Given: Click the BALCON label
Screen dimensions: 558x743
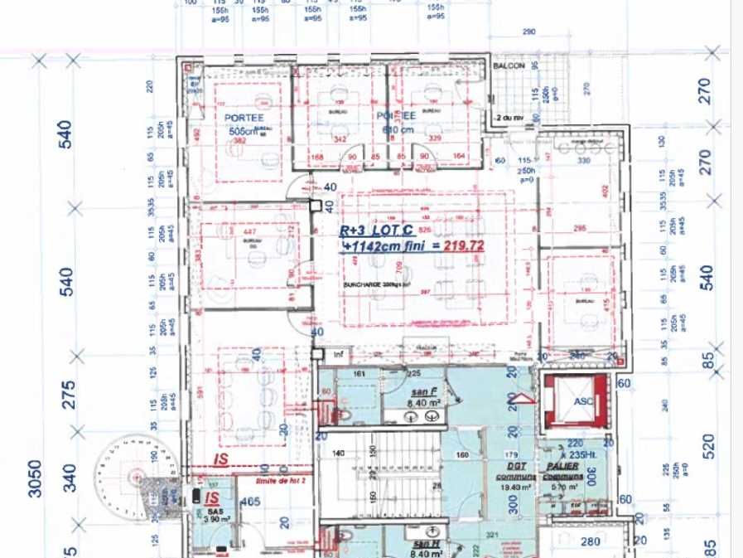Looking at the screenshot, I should tap(508, 66).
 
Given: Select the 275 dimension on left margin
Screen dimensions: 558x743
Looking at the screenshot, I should tap(68, 395).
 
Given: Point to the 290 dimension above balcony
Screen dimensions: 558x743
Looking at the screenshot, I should tap(530, 32).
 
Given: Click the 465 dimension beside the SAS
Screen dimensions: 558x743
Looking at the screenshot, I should tap(251, 502).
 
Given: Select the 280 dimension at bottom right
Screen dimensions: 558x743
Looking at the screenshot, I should tap(591, 542).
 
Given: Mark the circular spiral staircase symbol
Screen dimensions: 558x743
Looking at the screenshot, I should tap(131, 472).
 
